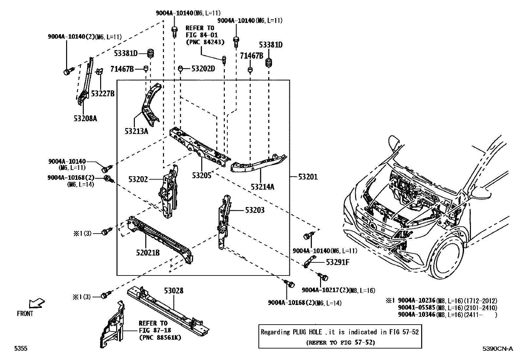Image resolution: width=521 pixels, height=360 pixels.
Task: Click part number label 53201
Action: coord(308,177)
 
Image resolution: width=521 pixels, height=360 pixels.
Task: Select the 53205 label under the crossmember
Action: coord(202,175)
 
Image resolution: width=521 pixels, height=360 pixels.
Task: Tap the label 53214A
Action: coord(262,187)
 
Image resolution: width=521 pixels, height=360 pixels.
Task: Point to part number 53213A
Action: coord(136,131)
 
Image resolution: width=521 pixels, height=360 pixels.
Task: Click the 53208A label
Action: coord(85,118)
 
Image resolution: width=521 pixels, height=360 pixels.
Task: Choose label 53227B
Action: coord(102,94)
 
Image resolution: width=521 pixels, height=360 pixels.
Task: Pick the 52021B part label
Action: coord(148,253)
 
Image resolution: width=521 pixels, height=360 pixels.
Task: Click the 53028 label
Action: coord(173,291)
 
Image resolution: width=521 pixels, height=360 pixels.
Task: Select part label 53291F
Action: coord(337,262)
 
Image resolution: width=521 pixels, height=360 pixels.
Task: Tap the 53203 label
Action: coord(255,210)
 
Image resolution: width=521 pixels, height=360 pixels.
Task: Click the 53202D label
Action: coord(203,69)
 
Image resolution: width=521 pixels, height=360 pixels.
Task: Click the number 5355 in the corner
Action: coord(20,349)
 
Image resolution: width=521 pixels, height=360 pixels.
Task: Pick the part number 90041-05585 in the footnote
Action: coord(416,308)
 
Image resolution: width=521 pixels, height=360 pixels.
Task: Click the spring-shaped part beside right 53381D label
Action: coord(269,63)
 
